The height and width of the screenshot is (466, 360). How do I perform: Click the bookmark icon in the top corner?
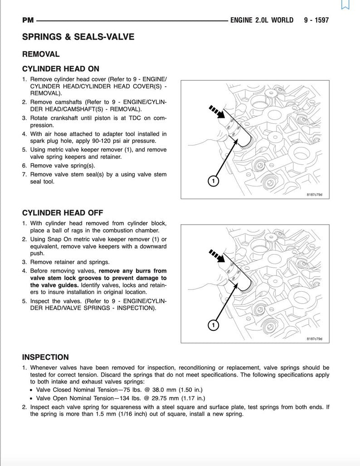[345, 5]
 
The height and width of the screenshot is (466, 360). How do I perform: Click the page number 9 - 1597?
[316, 20]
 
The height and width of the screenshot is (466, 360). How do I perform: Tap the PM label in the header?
[28, 20]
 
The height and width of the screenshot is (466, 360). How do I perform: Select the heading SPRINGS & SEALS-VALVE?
[78, 37]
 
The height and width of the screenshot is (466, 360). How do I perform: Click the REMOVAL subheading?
[41, 54]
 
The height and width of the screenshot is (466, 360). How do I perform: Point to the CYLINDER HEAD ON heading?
[60, 69]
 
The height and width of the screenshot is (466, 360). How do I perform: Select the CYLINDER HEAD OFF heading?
[63, 212]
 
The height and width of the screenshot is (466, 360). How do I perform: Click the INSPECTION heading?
[45, 357]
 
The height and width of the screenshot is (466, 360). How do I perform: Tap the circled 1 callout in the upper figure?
[213, 181]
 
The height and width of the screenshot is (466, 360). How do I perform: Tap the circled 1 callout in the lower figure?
[213, 325]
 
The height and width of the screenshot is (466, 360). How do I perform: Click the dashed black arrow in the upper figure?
[217, 112]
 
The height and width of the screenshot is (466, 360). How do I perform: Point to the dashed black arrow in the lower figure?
[217, 255]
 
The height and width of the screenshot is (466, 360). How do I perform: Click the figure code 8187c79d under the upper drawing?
[317, 195]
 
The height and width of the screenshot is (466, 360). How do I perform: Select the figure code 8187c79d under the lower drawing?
[317, 338]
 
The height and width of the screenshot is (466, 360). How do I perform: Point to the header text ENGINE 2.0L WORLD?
[262, 20]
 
